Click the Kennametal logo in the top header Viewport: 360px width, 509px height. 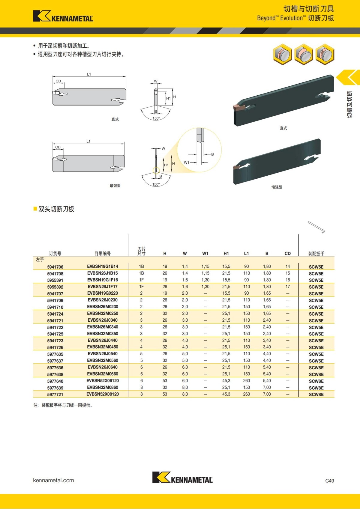pos(63,16)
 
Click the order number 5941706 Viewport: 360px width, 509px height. pos(55,267)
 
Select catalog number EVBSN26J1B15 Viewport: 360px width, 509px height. pos(103,273)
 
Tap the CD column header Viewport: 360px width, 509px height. pos(287,253)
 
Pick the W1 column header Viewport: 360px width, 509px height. pos(205,253)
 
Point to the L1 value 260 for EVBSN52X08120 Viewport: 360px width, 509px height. pos(246,394)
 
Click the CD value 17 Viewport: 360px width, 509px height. pos(287,287)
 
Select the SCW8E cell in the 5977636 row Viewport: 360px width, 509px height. pos(316,368)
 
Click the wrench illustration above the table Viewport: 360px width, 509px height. pos(316,227)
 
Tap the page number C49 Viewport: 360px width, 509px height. pos(329,481)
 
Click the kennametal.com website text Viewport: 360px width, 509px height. pos(53,480)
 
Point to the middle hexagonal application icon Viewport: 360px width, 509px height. pos(304,54)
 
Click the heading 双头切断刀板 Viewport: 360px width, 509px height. pos(56,209)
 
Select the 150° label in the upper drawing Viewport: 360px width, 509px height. pos(156,118)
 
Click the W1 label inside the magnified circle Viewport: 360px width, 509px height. pos(187,162)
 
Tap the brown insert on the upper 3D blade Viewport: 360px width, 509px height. pos(239,107)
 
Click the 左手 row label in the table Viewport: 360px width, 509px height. pos(40,260)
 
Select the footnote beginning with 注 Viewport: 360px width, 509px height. pos(63,405)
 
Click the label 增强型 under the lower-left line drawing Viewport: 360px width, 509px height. pos(115,186)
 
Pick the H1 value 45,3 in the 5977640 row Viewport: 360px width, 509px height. pos(226,381)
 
